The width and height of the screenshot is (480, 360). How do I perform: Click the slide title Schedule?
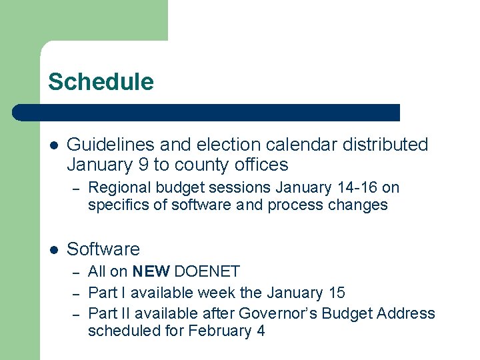[101, 82]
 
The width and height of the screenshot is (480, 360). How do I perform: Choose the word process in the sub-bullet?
[289, 205]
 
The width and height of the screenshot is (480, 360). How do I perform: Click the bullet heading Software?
[103, 249]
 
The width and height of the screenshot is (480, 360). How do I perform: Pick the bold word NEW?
[151, 271]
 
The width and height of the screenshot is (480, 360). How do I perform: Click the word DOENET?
[207, 271]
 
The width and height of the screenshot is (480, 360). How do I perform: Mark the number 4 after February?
[260, 331]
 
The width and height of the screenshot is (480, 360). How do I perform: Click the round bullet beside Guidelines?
[54, 145]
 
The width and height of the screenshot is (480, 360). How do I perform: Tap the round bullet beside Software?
[54, 250]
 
